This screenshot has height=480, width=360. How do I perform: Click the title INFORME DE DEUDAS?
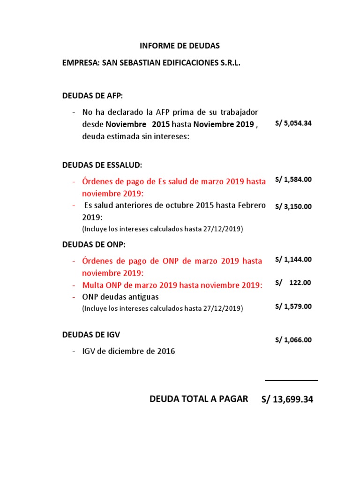coord(180,46)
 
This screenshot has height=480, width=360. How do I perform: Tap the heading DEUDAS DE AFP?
coord(92,96)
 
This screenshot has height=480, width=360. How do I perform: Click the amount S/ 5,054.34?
coord(293,124)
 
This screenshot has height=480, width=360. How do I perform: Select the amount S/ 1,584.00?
coord(293,180)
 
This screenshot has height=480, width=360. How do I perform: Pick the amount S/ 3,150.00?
coord(293,206)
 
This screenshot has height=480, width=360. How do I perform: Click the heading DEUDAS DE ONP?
coord(94,245)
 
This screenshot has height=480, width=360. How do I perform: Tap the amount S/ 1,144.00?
coord(293,259)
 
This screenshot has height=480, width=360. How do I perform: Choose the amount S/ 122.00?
coord(293,283)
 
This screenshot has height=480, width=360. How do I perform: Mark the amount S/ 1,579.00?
coord(293,306)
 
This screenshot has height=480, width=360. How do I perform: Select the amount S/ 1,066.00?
coord(293,340)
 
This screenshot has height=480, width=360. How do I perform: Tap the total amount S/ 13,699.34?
coord(287,399)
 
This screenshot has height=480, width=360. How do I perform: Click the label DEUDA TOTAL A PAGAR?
coord(199,399)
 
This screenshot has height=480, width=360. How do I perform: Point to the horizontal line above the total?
coord(291,381)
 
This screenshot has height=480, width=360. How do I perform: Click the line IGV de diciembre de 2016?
coord(128,351)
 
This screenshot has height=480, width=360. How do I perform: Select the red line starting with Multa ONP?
coord(172,285)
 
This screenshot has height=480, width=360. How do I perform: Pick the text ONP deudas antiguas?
coord(120,297)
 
